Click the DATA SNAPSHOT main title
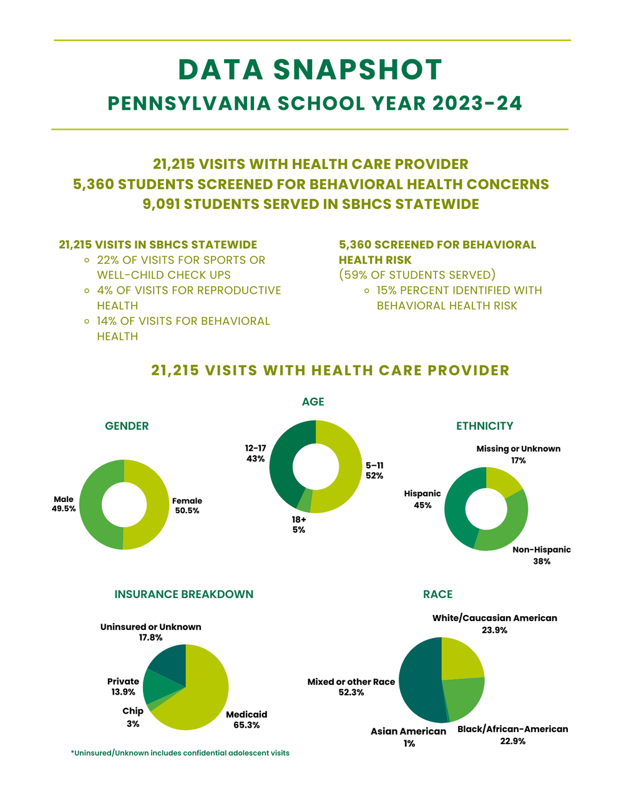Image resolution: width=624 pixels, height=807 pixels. coord(310,70)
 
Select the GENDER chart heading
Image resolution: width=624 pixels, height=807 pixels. coord(127,426)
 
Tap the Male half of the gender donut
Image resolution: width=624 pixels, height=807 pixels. coord(91,505)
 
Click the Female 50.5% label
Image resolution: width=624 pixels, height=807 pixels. coord(187,505)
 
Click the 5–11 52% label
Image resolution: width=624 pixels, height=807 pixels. coord(374,470)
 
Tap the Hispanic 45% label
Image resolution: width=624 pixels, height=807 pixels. coord(422,499)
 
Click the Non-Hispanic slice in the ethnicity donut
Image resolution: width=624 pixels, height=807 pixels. coord(505,530)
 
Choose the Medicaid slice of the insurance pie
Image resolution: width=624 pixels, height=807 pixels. coord(200,692)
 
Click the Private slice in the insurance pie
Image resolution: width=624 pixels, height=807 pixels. coord(156,687)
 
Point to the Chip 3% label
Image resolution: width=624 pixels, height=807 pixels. coord(133,717)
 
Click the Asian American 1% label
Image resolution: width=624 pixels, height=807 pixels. coord(409,737)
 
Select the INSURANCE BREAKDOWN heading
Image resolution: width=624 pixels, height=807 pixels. coord(184,594)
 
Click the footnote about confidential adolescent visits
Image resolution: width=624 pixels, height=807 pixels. coord(180,753)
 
